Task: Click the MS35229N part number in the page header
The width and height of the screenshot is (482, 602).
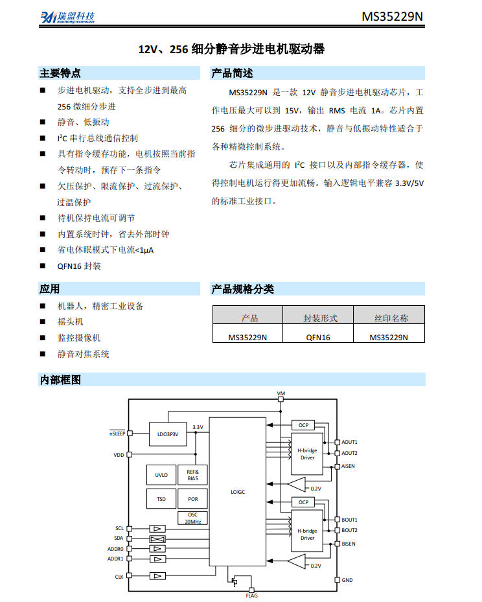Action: [x=392, y=16]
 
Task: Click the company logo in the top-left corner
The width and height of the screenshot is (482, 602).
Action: [x=67, y=17]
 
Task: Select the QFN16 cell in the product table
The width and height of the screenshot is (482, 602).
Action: [x=317, y=338]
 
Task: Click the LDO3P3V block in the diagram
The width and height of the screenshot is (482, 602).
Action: [x=168, y=434]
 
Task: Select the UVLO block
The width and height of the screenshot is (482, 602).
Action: [x=161, y=475]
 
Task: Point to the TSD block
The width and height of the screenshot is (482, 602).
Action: [x=161, y=499]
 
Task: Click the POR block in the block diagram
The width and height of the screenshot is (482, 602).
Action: [x=192, y=499]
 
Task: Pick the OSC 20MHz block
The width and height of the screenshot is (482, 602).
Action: [x=192, y=518]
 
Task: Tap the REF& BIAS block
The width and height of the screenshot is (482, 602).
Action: [x=192, y=475]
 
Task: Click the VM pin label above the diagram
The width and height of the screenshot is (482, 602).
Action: [x=281, y=393]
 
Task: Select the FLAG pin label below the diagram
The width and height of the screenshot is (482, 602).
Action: [x=252, y=596]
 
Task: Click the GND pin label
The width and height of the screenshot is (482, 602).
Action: [x=347, y=580]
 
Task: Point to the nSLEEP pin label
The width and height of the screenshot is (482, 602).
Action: [x=117, y=433]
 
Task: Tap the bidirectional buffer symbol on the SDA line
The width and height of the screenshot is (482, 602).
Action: [x=157, y=539]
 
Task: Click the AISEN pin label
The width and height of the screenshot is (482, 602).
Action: [x=348, y=466]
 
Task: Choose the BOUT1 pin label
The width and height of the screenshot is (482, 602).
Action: [x=349, y=520]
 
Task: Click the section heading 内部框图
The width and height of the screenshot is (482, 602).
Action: [x=60, y=380]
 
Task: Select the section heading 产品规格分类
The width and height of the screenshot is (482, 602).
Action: [x=242, y=289]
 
